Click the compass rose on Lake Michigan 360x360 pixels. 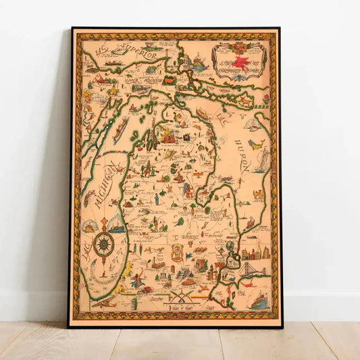(103, 244)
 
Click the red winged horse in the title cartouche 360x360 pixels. (238, 53)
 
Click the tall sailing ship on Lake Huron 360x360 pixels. (261, 159)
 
